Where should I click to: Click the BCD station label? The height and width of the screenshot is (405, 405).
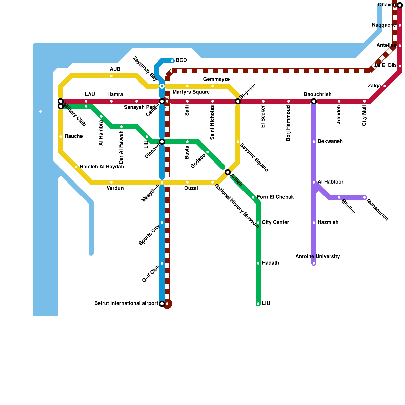click(x=181, y=60)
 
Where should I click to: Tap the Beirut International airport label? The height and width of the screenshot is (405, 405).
click(x=126, y=303)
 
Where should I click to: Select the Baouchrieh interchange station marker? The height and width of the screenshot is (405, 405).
click(x=314, y=101)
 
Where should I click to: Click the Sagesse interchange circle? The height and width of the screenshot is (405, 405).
click(x=238, y=101)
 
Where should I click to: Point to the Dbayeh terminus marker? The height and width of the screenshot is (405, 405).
click(x=400, y=5)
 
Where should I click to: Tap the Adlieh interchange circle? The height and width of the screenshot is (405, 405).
click(x=228, y=172)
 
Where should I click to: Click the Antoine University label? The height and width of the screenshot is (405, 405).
click(x=317, y=257)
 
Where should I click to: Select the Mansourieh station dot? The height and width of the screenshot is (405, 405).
click(x=364, y=197)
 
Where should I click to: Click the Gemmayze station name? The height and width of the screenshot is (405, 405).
click(x=216, y=79)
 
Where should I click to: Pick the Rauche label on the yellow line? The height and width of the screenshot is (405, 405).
click(x=73, y=136)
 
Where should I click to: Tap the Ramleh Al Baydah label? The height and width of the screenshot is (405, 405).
click(x=102, y=167)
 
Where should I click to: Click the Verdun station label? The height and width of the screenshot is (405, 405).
click(x=115, y=188)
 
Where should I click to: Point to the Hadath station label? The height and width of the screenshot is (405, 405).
click(x=270, y=263)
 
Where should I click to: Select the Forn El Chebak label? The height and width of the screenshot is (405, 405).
click(x=275, y=197)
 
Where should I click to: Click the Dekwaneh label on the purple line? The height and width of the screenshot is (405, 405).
click(x=330, y=141)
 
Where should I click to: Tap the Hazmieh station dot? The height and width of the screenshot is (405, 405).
click(x=314, y=223)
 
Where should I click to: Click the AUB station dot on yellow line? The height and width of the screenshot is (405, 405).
click(x=111, y=76)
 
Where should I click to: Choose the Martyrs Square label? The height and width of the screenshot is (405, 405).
click(x=191, y=92)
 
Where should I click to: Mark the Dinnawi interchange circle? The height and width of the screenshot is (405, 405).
click(x=162, y=142)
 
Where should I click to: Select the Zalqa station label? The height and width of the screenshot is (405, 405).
click(x=374, y=86)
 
